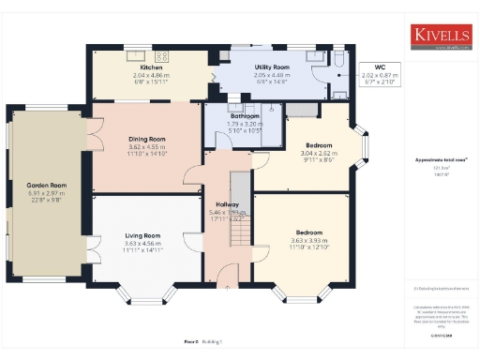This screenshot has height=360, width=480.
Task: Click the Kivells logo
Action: click(439, 36)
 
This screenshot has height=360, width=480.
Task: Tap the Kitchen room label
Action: click(153, 68)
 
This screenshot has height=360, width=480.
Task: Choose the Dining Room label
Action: click(146, 140)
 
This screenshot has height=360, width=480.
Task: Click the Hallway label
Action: click(227, 203)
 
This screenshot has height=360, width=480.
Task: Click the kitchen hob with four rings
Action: click(160, 54)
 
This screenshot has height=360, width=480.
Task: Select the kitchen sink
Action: click(132, 53)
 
